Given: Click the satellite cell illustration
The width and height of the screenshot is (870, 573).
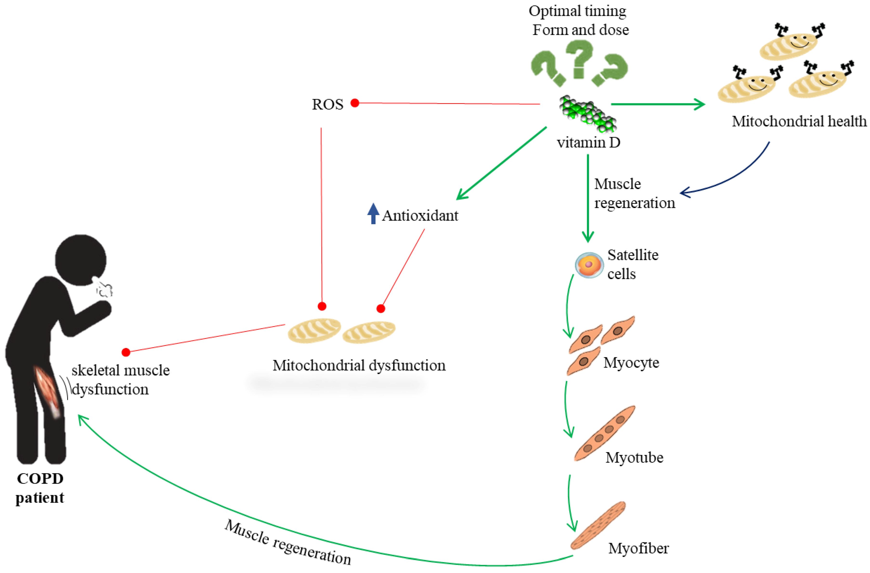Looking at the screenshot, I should pyautogui.click(x=589, y=265).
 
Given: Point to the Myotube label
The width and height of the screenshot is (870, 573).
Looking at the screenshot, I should pyautogui.click(x=634, y=457).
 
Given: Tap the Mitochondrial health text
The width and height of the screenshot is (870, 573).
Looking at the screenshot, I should pyautogui.click(x=799, y=121).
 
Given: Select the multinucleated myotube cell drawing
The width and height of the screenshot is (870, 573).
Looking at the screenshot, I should pyautogui.click(x=604, y=433).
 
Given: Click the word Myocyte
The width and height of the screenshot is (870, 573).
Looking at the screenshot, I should pyautogui.click(x=631, y=363).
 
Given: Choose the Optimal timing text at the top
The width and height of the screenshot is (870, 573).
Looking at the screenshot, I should pyautogui.click(x=577, y=11).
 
